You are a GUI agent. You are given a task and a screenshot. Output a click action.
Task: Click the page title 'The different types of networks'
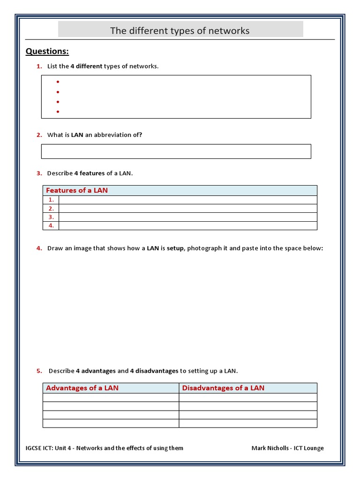tap(180, 31)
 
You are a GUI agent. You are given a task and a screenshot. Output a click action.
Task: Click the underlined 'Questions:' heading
tap(47, 51)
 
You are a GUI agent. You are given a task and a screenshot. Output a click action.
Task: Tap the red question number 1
tap(39, 66)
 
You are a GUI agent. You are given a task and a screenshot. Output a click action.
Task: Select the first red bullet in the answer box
tap(58, 82)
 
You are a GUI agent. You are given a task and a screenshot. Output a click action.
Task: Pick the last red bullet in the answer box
tap(58, 112)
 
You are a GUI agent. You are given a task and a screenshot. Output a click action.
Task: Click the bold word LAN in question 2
tap(77, 135)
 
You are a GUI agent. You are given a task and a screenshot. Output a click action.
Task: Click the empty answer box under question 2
tap(176, 151)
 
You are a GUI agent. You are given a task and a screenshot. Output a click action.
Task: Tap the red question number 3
tap(39, 173)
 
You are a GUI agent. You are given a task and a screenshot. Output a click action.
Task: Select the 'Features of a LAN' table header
tap(77, 190)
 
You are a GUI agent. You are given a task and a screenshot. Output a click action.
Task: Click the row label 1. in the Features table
tap(51, 200)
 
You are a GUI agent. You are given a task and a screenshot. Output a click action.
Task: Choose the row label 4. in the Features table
tap(51, 225)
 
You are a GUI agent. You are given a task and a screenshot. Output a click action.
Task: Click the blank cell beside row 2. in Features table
tap(187, 209)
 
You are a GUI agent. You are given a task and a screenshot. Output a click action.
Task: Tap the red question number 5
tap(39, 371)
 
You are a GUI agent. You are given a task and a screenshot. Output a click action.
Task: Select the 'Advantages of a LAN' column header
tap(82, 388)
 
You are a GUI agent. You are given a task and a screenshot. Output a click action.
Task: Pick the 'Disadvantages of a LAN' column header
tap(223, 388)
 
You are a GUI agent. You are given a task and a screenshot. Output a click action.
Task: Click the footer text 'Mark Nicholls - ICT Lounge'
tap(287, 448)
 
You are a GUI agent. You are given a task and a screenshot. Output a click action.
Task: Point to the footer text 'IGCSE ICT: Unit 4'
tap(49, 448)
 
